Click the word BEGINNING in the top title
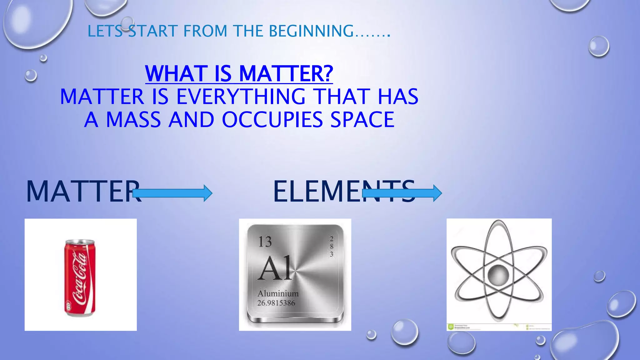(x=311, y=31)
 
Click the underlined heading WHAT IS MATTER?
(x=239, y=74)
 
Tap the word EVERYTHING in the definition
(x=241, y=97)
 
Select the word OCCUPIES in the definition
(x=272, y=120)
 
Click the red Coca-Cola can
(x=80, y=278)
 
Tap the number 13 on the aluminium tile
(x=265, y=242)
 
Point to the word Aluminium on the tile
(x=278, y=294)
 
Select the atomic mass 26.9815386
(x=276, y=303)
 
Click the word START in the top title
(x=153, y=31)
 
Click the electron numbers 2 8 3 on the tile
(x=332, y=247)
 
